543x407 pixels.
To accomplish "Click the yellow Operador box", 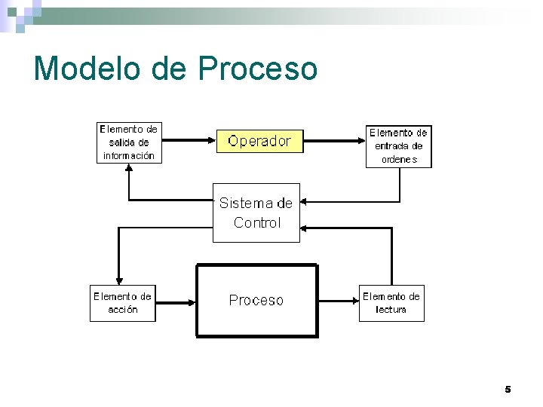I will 259,141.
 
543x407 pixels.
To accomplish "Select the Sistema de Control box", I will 256,212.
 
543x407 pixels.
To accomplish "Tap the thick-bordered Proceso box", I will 256,300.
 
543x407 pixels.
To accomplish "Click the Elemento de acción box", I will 122,303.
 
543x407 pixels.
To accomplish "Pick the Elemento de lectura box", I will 391,303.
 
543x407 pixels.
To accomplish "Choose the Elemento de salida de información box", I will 129,142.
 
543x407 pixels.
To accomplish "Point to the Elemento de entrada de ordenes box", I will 398,146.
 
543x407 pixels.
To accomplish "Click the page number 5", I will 508,389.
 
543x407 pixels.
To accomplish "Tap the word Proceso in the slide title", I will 258,68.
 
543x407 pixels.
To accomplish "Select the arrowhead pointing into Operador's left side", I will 212,140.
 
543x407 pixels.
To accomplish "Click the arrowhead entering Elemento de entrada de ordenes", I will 361,140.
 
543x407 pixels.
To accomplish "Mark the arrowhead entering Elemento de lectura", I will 354,300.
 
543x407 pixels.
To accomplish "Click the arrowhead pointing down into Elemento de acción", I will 118,280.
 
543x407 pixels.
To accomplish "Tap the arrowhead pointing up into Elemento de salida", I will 130,168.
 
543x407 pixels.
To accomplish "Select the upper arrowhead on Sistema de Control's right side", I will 305,202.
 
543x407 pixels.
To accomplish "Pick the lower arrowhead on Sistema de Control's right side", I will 305,228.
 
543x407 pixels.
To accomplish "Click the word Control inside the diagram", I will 256,222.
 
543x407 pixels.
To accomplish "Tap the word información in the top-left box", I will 129,156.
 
